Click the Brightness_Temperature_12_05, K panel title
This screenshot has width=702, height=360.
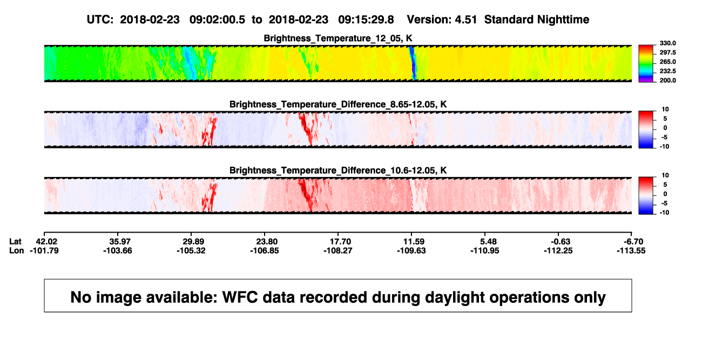338,38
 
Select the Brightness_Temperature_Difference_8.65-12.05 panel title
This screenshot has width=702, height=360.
338,104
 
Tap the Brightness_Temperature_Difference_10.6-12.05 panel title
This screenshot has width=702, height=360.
338,171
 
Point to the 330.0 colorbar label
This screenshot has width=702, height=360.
667,43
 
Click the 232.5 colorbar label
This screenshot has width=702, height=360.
667,71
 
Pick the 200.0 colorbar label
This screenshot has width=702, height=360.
667,80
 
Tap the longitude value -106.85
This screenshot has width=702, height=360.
265,250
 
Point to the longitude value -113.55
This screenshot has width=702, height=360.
631,250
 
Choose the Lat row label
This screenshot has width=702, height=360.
15,242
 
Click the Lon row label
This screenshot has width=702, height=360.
16,250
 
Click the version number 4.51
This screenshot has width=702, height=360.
466,20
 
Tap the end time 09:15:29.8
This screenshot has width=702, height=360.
366,20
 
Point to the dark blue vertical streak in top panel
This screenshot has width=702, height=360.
413,63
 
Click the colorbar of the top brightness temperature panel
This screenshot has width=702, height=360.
646,64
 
